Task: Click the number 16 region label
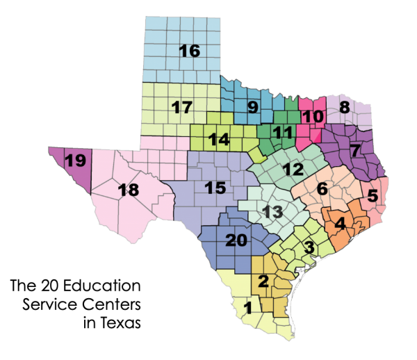click(x=189, y=51)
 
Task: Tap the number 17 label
click(x=181, y=108)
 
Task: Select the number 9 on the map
click(x=252, y=107)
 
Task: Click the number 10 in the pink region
click(x=312, y=116)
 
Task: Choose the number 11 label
click(x=281, y=132)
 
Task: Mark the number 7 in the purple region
click(x=355, y=149)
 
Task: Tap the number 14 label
click(x=219, y=139)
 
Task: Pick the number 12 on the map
click(x=293, y=169)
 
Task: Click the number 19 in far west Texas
click(x=75, y=161)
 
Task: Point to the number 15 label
click(x=215, y=187)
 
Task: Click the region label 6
click(x=322, y=188)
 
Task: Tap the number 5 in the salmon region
click(x=372, y=196)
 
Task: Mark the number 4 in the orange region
click(x=339, y=224)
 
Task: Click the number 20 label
click(x=236, y=240)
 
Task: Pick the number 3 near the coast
click(x=309, y=247)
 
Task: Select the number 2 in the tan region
click(x=263, y=281)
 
